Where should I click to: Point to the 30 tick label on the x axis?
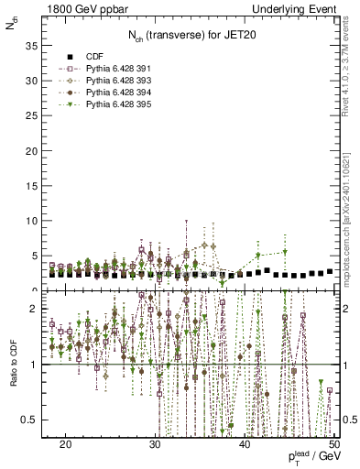pyautogui.click(x=155, y=443)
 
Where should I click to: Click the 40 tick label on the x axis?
pyautogui.click(x=245, y=443)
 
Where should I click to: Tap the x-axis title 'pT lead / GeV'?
pyautogui.click(x=309, y=458)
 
